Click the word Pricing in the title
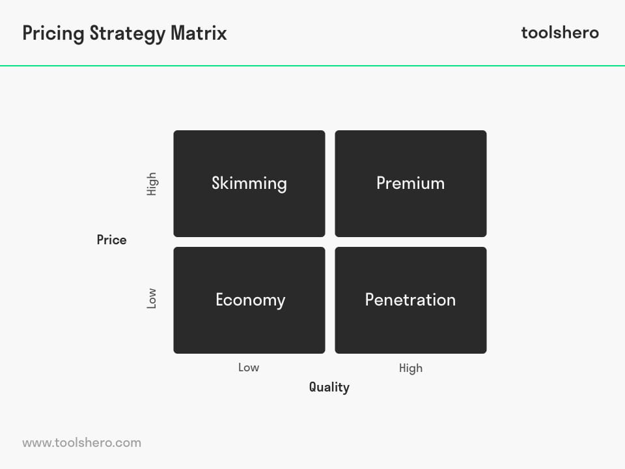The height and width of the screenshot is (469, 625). click(x=53, y=34)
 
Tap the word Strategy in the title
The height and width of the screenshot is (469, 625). click(x=128, y=34)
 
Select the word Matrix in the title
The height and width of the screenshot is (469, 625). click(x=199, y=33)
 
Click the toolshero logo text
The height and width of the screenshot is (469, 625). click(x=560, y=33)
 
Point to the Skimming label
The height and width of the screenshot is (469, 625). click(x=249, y=184)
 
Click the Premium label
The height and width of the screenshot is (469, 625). click(x=411, y=184)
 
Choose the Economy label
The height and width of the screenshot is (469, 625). click(x=250, y=300)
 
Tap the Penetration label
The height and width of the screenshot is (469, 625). click(x=411, y=300)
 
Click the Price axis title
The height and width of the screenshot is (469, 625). click(x=111, y=240)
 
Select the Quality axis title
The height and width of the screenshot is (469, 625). click(x=329, y=387)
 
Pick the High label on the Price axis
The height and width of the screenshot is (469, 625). click(x=152, y=184)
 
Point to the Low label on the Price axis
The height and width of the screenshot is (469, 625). click(x=152, y=298)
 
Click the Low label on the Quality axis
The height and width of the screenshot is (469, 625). click(x=249, y=367)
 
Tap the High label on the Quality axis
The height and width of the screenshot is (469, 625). click(x=411, y=368)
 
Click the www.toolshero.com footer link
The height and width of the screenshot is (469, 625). click(x=82, y=443)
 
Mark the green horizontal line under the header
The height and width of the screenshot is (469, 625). click(x=312, y=66)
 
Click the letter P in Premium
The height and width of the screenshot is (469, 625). click(x=382, y=184)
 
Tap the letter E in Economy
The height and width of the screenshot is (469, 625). click(x=221, y=300)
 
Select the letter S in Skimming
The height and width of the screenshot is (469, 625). click(x=217, y=184)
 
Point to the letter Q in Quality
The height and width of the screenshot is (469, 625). click(x=314, y=387)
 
